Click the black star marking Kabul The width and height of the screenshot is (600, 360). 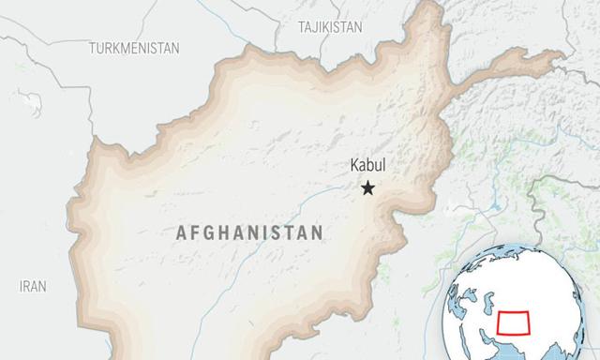click(x=367, y=188)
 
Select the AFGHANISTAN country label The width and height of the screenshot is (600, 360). click(x=249, y=232)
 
